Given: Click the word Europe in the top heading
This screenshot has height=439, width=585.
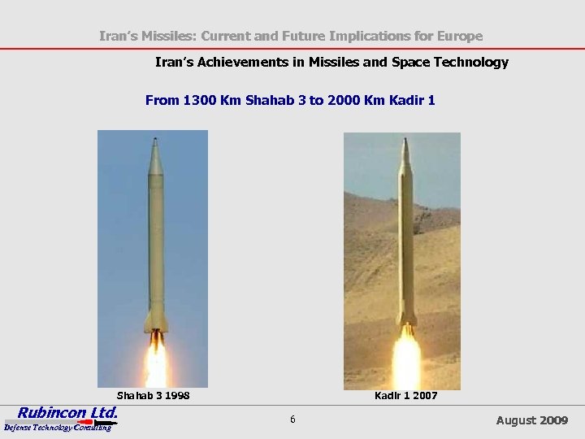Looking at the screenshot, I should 460,36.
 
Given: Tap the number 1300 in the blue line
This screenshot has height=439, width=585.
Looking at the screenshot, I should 200,101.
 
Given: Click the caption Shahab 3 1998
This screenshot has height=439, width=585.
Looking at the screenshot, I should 154,396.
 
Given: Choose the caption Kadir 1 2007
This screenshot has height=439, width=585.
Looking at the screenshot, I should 405,396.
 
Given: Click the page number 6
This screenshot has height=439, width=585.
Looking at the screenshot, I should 292,419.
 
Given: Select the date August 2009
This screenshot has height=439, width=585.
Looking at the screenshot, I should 532,420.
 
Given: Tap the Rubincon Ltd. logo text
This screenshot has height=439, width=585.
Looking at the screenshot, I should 68,412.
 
